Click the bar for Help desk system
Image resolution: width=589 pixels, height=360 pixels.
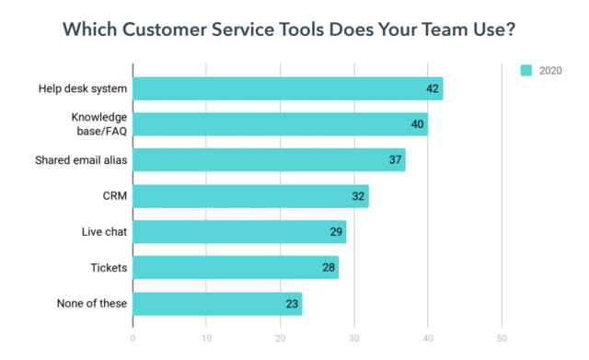tap(287, 88)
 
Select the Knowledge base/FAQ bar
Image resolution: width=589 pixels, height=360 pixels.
tap(280, 124)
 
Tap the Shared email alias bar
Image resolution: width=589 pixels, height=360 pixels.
tap(269, 160)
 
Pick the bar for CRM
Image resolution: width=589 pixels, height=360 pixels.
tap(250, 196)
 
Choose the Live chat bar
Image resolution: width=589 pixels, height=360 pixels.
tap(239, 231)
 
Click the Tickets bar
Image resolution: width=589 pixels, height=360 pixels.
tap(236, 267)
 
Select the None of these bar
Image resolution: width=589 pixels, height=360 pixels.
tap(217, 303)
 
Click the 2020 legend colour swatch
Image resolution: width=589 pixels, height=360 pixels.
tap(526, 69)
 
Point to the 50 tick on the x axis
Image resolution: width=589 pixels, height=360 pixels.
tap(502, 338)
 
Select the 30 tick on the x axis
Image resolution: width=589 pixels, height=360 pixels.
tap(354, 338)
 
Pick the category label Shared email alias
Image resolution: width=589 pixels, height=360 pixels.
tap(80, 160)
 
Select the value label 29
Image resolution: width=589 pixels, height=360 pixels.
tap(337, 232)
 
